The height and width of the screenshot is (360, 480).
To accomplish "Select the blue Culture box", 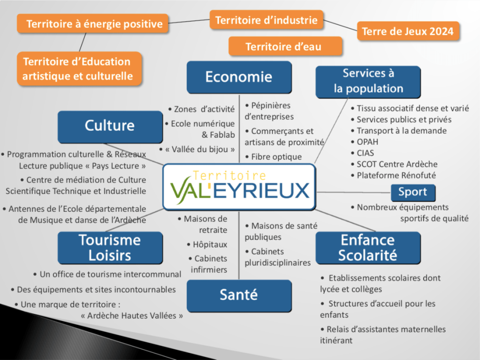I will point(110,126).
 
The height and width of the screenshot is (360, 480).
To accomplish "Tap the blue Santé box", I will point(239,295).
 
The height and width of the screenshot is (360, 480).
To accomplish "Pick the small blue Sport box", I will point(413,192).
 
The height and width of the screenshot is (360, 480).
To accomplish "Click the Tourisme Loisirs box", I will point(110,247).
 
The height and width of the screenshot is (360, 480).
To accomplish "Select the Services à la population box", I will point(368,81).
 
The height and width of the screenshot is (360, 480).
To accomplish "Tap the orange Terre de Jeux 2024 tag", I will point(407,31).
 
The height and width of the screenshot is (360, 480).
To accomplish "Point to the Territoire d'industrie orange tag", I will point(267,20).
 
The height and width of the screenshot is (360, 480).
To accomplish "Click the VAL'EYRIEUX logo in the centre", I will point(239,187).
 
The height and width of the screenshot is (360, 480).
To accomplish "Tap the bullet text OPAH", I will point(367,142).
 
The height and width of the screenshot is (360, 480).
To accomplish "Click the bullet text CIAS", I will point(366,153).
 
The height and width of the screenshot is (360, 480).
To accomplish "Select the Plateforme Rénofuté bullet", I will point(396,175).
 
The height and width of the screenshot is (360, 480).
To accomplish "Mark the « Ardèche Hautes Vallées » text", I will point(132,315).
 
